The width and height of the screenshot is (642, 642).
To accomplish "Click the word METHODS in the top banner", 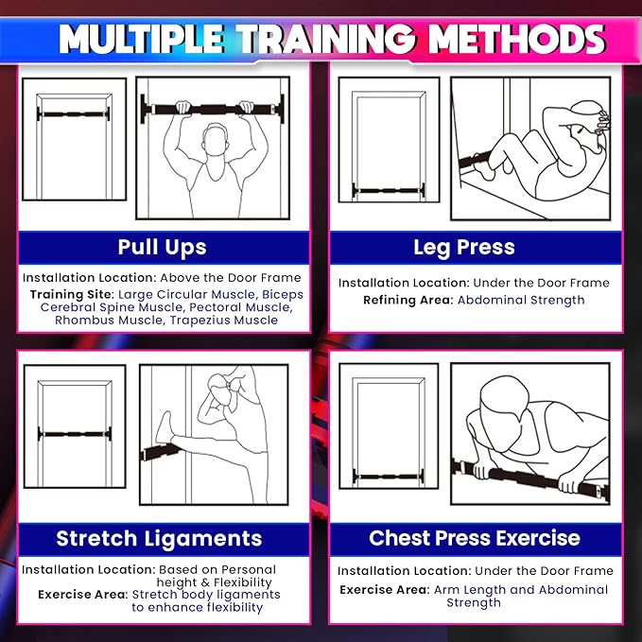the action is (x=516, y=39).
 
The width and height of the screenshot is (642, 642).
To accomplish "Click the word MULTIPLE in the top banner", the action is (x=141, y=39).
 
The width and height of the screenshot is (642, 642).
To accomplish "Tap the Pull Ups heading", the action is (x=162, y=248).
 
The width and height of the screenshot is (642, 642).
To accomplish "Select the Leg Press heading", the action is (x=464, y=248).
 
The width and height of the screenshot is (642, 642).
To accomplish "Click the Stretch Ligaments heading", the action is (x=159, y=538).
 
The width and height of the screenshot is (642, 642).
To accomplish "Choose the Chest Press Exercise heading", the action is (x=475, y=538).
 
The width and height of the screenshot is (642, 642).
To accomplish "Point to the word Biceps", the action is (x=283, y=295).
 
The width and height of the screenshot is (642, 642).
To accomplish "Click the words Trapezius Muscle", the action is (x=224, y=321).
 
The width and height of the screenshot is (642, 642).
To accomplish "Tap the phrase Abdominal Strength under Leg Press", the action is (x=521, y=300).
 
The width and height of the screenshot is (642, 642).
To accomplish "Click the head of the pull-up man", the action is (x=215, y=140).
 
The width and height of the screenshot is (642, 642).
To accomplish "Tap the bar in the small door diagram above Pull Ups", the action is (x=74, y=114).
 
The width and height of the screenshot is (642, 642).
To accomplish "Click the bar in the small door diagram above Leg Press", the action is (x=389, y=191).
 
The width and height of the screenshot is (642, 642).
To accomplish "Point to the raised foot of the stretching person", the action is (x=165, y=427).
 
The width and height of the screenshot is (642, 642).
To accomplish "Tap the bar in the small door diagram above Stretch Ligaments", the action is (x=75, y=434).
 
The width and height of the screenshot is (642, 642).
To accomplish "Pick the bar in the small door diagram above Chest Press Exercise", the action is (x=389, y=477).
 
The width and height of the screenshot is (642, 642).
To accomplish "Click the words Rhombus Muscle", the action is (x=109, y=321).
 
